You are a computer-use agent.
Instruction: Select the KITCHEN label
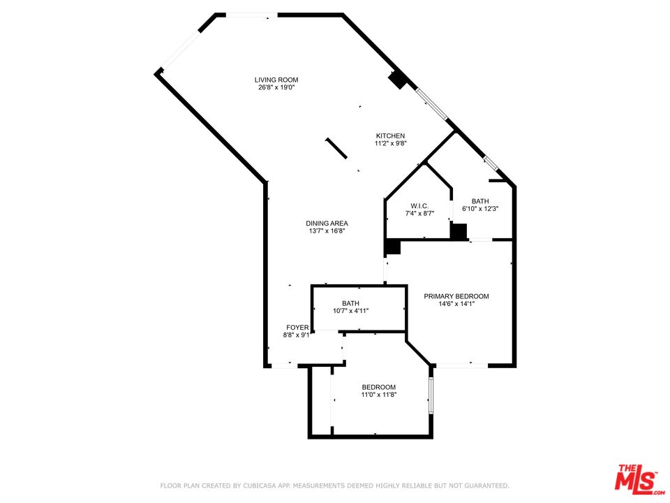click(x=390, y=136)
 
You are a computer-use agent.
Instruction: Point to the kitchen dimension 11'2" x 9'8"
click(x=390, y=144)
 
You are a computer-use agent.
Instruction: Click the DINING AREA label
click(x=327, y=224)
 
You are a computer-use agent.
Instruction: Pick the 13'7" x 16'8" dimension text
click(x=327, y=231)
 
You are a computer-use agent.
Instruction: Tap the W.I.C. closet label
click(x=419, y=205)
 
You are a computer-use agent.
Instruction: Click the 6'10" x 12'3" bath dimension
click(x=479, y=209)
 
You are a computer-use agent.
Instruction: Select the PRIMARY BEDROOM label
click(x=456, y=296)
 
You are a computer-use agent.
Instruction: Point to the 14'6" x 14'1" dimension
click(x=456, y=304)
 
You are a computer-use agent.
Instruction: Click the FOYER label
click(x=297, y=327)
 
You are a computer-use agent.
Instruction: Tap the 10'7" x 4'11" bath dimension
click(x=350, y=311)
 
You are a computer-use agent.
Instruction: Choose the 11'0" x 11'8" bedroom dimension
click(x=378, y=395)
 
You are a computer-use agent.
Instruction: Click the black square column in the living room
click(x=398, y=80)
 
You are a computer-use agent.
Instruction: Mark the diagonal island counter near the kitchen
click(x=336, y=147)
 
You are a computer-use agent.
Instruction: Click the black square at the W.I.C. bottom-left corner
click(x=393, y=247)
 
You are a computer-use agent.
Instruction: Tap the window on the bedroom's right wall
click(x=431, y=395)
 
